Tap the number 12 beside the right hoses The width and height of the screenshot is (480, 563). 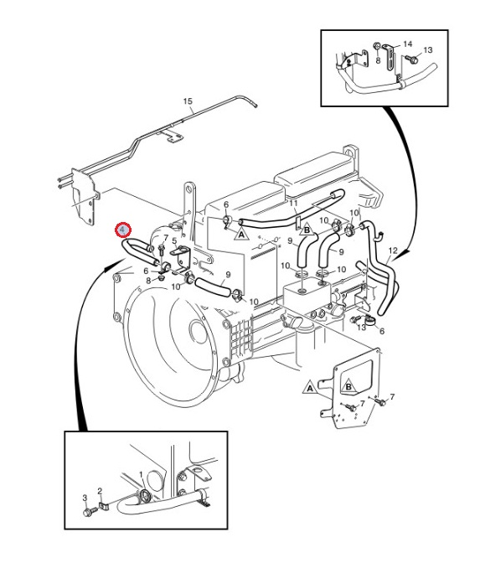[x=393, y=251]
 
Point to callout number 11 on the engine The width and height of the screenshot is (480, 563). [x=293, y=203]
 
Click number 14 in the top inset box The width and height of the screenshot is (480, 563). [x=408, y=43]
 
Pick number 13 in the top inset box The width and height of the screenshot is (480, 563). [x=427, y=50]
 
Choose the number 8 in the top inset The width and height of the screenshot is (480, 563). [x=378, y=61]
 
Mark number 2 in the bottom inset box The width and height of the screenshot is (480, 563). [x=99, y=491]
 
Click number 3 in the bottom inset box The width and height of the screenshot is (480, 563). [x=85, y=498]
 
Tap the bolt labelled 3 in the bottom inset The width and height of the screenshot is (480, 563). [x=86, y=510]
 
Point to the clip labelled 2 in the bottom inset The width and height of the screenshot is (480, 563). [x=105, y=506]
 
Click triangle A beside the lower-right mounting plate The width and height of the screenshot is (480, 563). [x=309, y=389]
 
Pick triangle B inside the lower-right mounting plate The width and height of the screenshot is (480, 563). [x=348, y=387]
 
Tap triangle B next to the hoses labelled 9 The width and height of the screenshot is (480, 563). [x=307, y=229]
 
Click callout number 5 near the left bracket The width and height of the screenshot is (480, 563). [x=174, y=242]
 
